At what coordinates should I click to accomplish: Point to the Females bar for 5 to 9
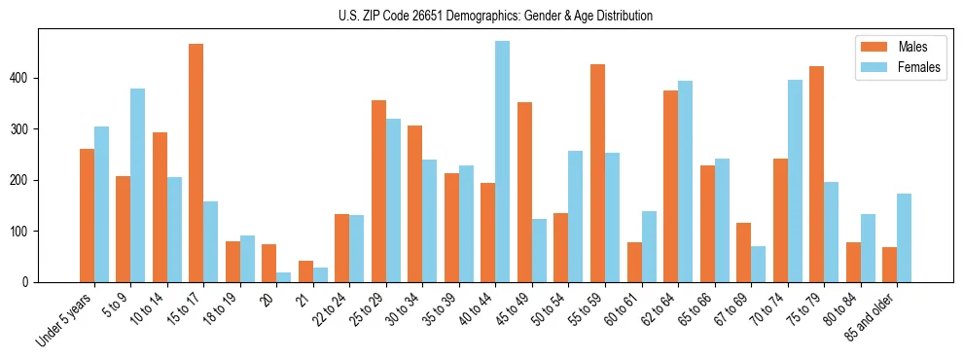click(138, 185)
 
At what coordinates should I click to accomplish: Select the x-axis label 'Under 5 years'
click(65, 319)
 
